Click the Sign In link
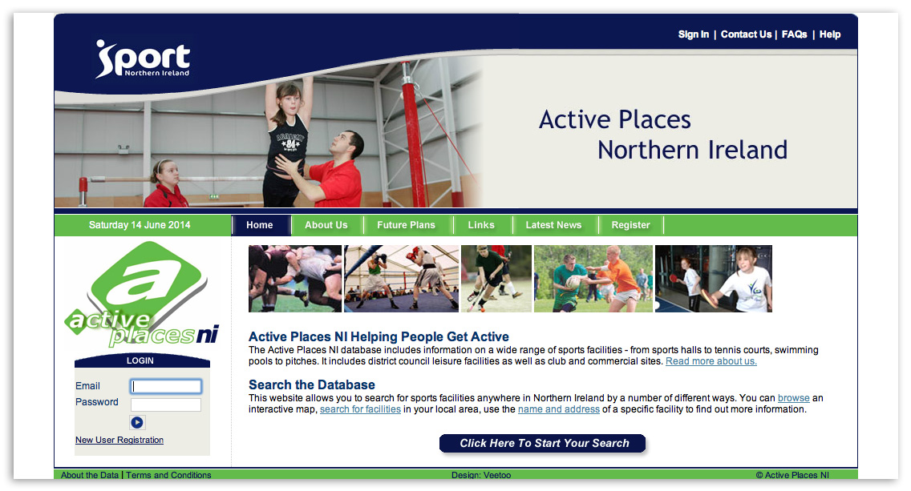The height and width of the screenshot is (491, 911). pyautogui.click(x=693, y=34)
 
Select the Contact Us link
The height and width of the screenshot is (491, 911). pyautogui.click(x=746, y=34)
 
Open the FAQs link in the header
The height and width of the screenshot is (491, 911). pyautogui.click(x=794, y=34)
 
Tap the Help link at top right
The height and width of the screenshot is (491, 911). pyautogui.click(x=830, y=34)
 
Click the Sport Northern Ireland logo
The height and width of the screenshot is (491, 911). pyautogui.click(x=143, y=58)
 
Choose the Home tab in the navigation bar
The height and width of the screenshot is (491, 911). pyautogui.click(x=260, y=225)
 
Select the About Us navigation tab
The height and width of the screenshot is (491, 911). pyautogui.click(x=326, y=225)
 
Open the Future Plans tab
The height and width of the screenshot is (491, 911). pyautogui.click(x=406, y=225)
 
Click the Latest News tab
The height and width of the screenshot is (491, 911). pyautogui.click(x=553, y=225)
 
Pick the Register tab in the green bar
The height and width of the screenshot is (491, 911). pyautogui.click(x=630, y=225)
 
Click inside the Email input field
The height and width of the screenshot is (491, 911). pyautogui.click(x=166, y=387)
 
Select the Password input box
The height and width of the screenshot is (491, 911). pyautogui.click(x=166, y=404)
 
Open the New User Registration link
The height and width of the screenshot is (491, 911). pyautogui.click(x=119, y=440)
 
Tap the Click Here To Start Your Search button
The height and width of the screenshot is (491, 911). pyautogui.click(x=544, y=444)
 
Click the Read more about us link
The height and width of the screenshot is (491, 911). pyautogui.click(x=711, y=361)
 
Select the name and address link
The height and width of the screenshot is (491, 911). pyautogui.click(x=559, y=409)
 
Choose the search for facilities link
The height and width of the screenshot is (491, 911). pyautogui.click(x=360, y=409)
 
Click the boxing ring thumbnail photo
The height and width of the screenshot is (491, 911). pyautogui.click(x=401, y=279)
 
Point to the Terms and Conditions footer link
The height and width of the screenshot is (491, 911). pyautogui.click(x=168, y=475)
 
